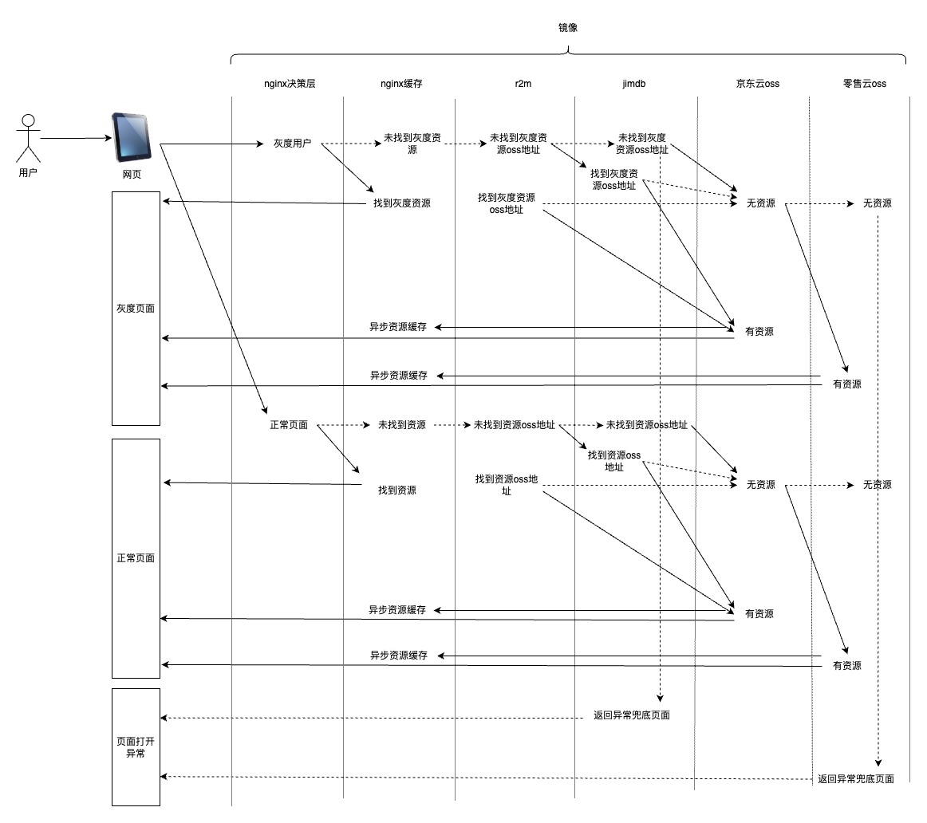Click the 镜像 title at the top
[567, 27]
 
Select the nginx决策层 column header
[290, 83]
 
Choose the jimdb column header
[633, 83]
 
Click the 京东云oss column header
[757, 83]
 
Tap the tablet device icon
[132, 137]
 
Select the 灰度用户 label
[292, 144]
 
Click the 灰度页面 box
[136, 308]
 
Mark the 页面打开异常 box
[136, 746]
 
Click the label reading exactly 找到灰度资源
[402, 203]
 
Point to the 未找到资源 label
[401, 425]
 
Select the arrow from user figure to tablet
[76, 138]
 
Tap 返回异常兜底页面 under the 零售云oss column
[856, 779]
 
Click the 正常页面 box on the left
[136, 558]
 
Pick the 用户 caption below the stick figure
[28, 172]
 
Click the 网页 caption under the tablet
[132, 175]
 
